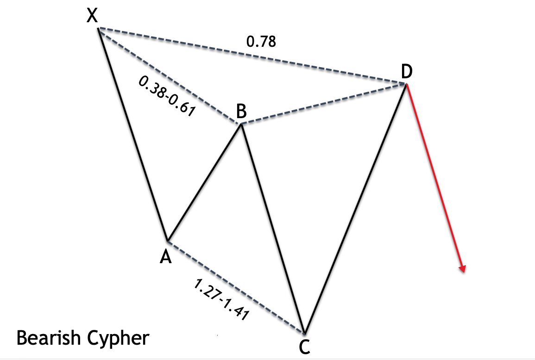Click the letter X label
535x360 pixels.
click(93, 17)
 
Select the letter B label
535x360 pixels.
click(241, 112)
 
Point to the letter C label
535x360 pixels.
click(304, 346)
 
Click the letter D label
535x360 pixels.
click(406, 72)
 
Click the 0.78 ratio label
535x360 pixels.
click(261, 42)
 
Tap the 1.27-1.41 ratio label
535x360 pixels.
click(221, 300)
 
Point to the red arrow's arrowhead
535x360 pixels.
click(462, 268)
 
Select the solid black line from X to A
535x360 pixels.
click(133, 134)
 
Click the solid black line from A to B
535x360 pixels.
click(204, 183)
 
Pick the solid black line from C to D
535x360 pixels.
click(355, 208)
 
